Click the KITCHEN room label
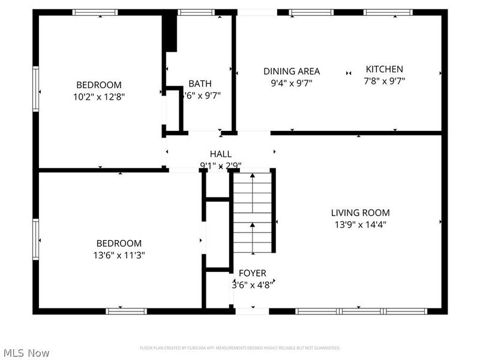coord(385,69)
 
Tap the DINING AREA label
coord(292,71)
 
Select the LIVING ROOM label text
coord(360,212)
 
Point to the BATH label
coord(200,83)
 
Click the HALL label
coord(220,154)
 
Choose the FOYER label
coord(252,273)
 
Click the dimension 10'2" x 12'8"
coord(98,95)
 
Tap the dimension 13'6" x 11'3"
coord(119,254)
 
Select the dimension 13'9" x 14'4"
coord(360,224)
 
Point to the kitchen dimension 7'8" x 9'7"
coord(385,81)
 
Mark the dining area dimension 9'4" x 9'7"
coord(292,83)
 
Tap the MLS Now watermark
coord(26,353)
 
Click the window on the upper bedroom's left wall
coord(35,89)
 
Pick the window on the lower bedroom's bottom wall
coord(126,311)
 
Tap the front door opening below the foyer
coord(251,311)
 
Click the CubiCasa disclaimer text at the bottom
coord(240,348)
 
